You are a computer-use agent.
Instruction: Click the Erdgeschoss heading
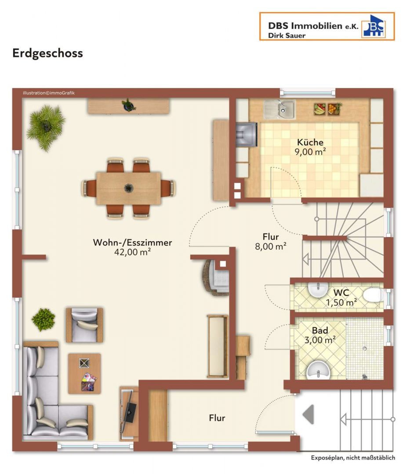point(47,53)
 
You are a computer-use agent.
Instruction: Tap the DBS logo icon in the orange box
point(374,26)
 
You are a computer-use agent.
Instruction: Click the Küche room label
point(310,142)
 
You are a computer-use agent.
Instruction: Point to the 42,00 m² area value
point(132,252)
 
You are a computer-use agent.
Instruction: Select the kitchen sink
point(279,109)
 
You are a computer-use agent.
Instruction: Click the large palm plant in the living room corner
point(46,127)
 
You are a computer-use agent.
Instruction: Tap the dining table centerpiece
point(129,188)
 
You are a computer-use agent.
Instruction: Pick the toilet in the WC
point(373,295)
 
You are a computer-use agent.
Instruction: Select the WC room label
point(341,293)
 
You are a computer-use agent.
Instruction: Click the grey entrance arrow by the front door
point(308,414)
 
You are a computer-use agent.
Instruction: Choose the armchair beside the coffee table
point(84,325)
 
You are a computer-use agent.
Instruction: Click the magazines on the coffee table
point(89,382)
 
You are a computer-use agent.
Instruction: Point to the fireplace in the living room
point(215,277)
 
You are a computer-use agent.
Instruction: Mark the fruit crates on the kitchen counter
point(327,109)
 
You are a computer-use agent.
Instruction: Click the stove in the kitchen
point(247,135)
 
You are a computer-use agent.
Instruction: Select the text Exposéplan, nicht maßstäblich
point(353,458)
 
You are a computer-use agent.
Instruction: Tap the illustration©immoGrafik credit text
point(48,93)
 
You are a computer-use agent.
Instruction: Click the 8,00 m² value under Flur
point(270,246)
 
